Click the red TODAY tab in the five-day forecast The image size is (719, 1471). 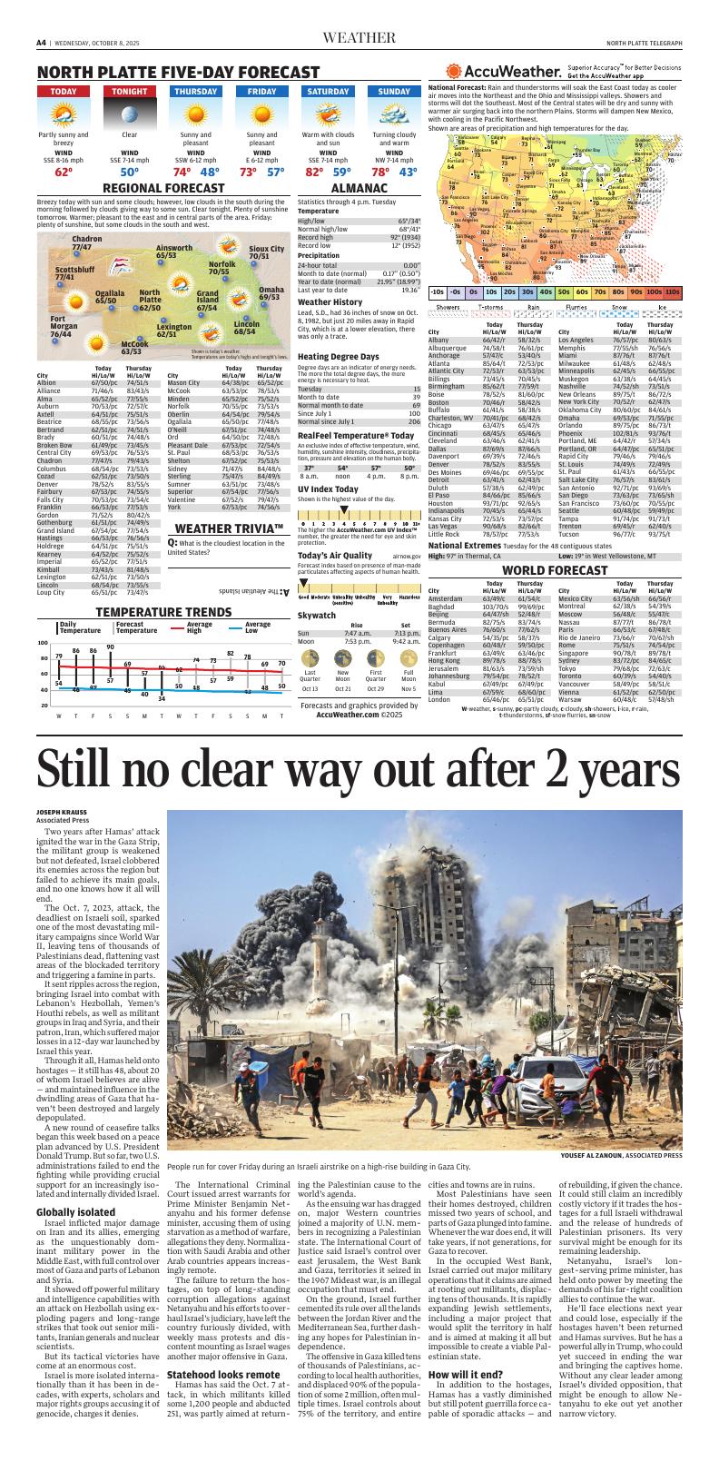point(64,92)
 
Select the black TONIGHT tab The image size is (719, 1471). point(130,92)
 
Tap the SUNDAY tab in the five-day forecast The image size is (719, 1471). point(394,92)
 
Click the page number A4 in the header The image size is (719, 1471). point(42,42)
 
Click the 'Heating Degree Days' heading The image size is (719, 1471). point(339,356)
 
